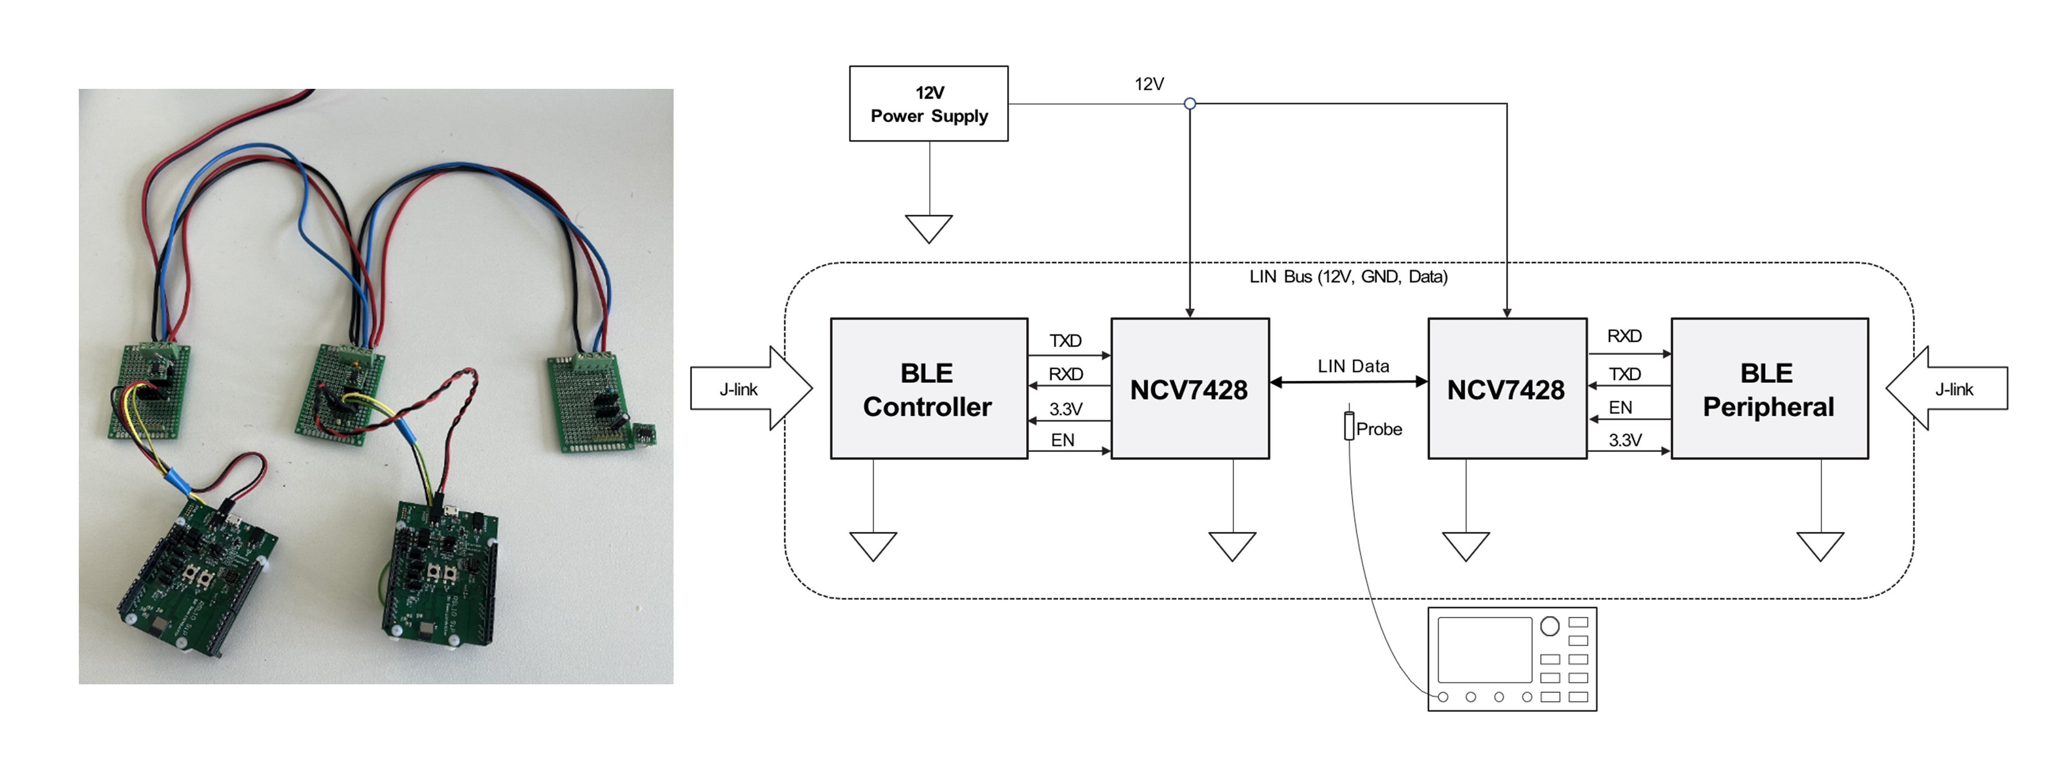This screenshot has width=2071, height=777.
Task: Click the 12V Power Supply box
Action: tap(929, 104)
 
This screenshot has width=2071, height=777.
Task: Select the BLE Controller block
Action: tap(929, 389)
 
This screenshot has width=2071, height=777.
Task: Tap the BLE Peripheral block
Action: tap(1769, 389)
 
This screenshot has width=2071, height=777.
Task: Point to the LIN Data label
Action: tap(1353, 366)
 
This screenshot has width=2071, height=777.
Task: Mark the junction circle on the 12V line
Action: tap(1190, 104)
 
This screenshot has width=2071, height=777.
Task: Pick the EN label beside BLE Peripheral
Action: tap(1620, 408)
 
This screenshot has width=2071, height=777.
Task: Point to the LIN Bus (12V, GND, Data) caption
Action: tap(1348, 277)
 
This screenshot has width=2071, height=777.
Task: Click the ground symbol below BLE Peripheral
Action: tap(1820, 546)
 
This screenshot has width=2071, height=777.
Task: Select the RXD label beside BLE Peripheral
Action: tap(1624, 336)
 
